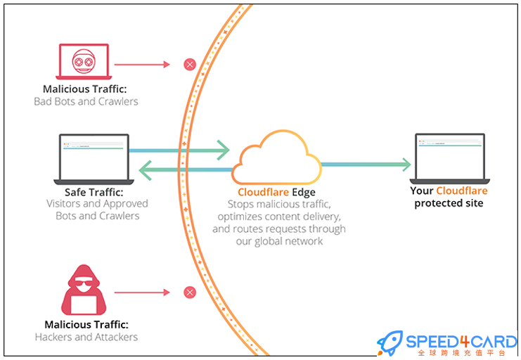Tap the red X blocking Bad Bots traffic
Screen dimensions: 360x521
coord(189,65)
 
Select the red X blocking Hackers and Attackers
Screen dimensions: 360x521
coord(189,292)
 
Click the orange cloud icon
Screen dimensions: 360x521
coord(276,158)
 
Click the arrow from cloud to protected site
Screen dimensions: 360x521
coord(366,165)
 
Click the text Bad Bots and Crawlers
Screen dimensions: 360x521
coord(86,101)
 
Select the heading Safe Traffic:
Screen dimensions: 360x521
coord(94,191)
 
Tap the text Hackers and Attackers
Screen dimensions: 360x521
coord(86,337)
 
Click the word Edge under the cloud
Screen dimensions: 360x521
coord(304,192)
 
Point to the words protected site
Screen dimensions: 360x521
coord(449,203)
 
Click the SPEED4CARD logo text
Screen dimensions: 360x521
coord(461,342)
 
